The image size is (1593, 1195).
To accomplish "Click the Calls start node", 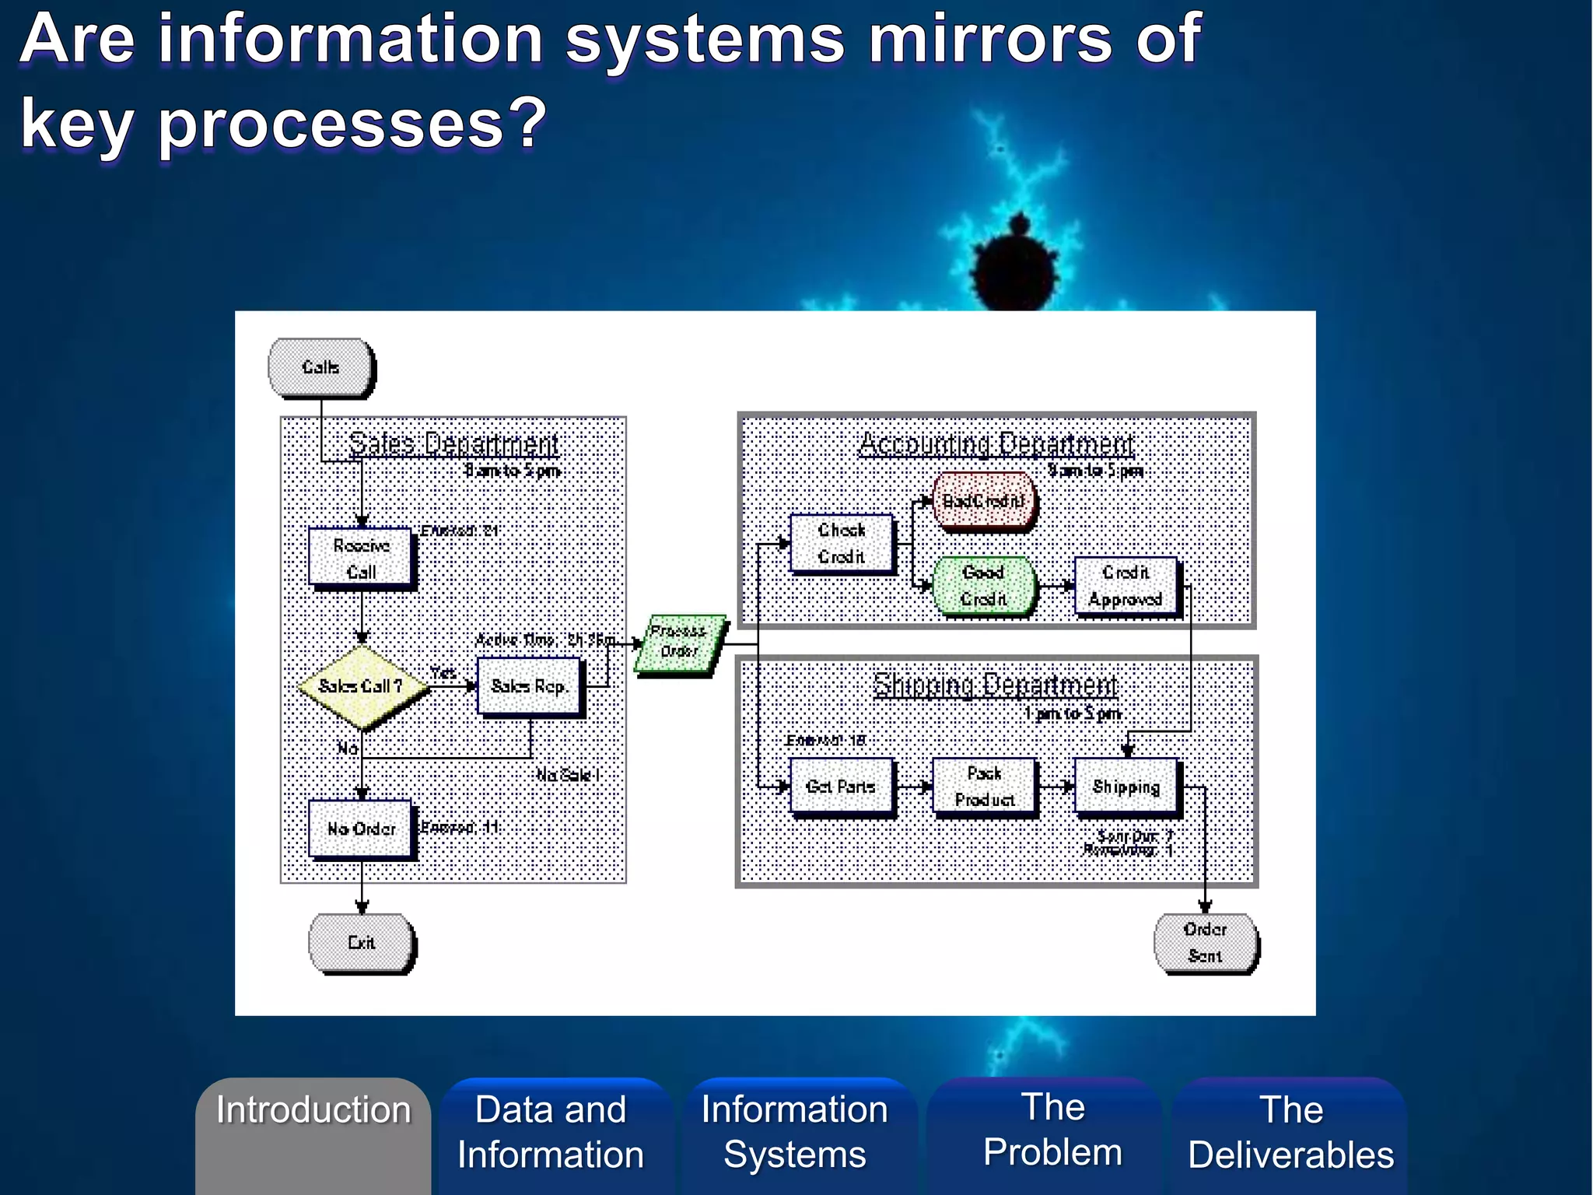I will click(x=320, y=367).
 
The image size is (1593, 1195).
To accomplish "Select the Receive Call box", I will click(x=361, y=558).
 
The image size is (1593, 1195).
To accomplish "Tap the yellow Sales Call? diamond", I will click(x=362, y=686).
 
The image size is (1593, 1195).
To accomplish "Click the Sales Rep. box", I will click(x=529, y=686).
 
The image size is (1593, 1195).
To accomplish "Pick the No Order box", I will click(x=361, y=829).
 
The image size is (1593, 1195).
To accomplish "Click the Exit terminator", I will click(x=361, y=943).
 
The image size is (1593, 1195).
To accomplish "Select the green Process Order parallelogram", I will click(x=679, y=642).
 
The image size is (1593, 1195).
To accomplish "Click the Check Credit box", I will click(x=842, y=543).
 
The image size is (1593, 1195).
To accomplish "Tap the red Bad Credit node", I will click(x=984, y=501).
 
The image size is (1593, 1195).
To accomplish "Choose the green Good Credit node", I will click(x=984, y=586).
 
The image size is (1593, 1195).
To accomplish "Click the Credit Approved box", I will click(x=1126, y=586).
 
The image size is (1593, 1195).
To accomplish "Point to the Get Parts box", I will click(x=842, y=787).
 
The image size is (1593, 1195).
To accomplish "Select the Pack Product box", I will click(x=984, y=787).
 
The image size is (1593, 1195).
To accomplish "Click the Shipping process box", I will click(x=1126, y=787).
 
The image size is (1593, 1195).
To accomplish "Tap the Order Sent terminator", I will click(x=1205, y=943).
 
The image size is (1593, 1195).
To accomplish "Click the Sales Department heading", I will click(x=453, y=444).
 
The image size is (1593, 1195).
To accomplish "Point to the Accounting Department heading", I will click(x=996, y=444).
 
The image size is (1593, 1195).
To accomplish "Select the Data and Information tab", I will click(x=551, y=1132).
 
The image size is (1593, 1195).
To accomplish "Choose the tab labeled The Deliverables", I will click(x=1291, y=1132).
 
